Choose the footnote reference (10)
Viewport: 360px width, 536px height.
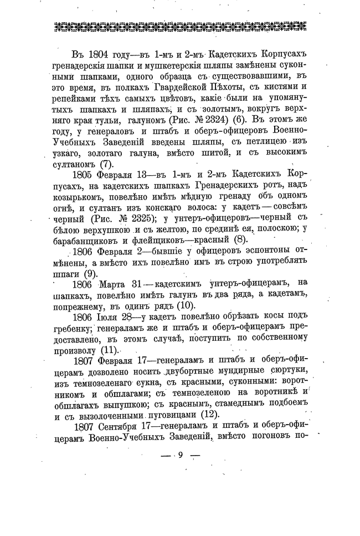(x=184, y=306)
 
